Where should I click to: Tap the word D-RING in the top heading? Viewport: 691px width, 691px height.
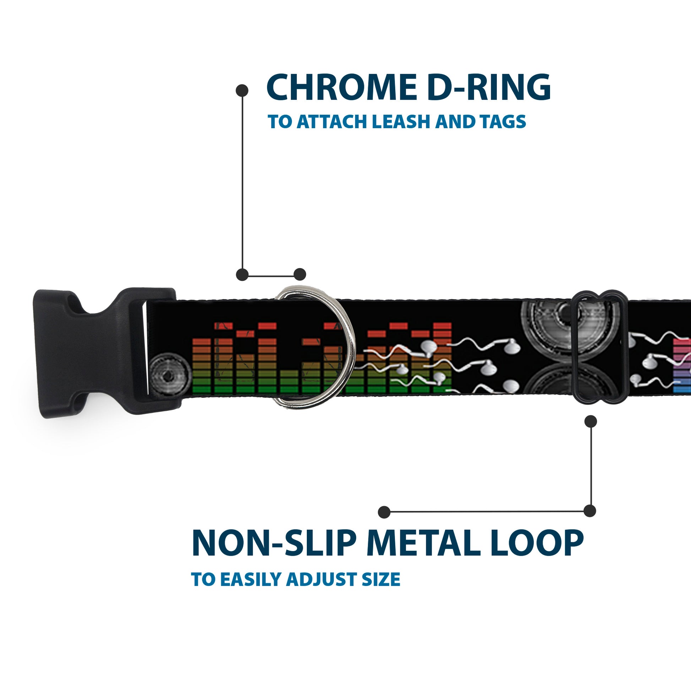489,87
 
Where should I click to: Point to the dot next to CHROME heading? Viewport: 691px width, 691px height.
242,91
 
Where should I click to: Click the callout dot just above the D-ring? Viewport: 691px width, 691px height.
300,275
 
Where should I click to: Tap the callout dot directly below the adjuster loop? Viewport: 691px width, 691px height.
591,421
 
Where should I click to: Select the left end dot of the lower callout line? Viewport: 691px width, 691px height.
384,512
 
